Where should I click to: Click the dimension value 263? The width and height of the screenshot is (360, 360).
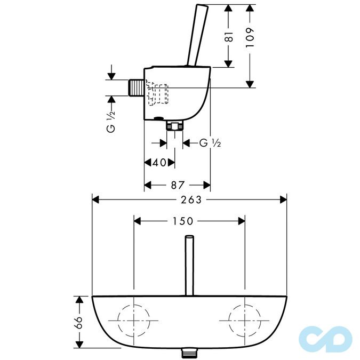click(x=190, y=199)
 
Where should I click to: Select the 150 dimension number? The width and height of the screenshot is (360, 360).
click(x=182, y=221)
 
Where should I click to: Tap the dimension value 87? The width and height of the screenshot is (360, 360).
click(x=178, y=185)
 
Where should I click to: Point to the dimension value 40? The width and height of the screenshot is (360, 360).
click(x=159, y=163)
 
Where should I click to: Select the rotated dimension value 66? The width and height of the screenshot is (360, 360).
click(x=79, y=322)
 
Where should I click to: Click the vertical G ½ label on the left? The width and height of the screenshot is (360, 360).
click(x=111, y=122)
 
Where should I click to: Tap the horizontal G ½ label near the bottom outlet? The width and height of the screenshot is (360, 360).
click(x=210, y=143)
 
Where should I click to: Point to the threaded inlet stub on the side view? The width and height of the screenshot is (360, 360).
click(x=137, y=87)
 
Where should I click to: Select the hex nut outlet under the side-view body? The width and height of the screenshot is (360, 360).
click(x=174, y=126)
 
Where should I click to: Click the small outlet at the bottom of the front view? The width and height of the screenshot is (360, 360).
click(x=188, y=350)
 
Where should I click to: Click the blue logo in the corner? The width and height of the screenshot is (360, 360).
click(x=325, y=337)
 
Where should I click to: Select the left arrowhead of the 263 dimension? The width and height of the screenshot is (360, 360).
click(x=96, y=199)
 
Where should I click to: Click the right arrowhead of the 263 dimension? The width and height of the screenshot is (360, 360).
click(x=284, y=199)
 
